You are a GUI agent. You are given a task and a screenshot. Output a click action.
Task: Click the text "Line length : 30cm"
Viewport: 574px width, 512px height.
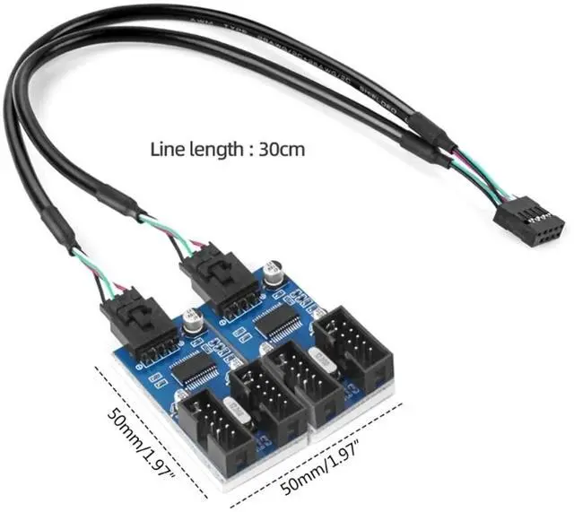pos(227,149)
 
